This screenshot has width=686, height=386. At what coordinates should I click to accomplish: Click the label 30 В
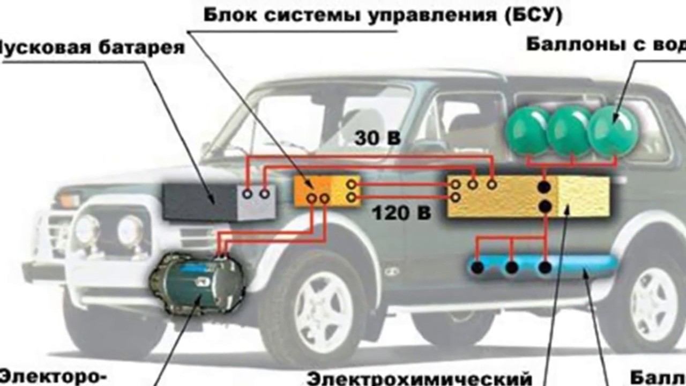(x=377, y=138)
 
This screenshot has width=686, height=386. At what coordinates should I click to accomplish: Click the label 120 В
(x=401, y=213)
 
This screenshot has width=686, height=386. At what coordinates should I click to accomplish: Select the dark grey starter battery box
(x=201, y=202)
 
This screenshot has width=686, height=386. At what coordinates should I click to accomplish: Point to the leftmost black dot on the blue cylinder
(x=478, y=267)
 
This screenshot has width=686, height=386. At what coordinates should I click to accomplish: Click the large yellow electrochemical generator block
(x=528, y=197)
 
